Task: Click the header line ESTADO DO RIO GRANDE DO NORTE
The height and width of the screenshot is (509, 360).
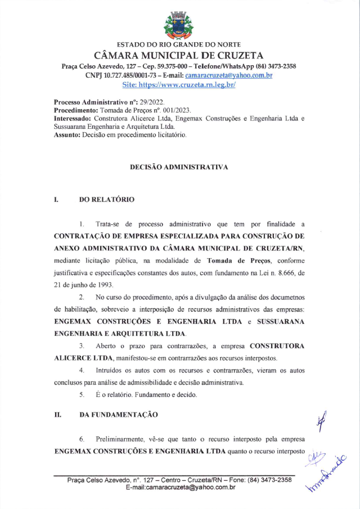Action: click(178, 44)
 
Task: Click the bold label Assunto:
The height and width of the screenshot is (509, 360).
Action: click(69, 135)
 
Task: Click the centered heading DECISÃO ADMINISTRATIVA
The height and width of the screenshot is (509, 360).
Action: click(179, 167)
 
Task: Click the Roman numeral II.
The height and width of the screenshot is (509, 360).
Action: click(57, 415)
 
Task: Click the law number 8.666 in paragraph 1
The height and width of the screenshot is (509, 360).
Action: click(281, 273)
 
